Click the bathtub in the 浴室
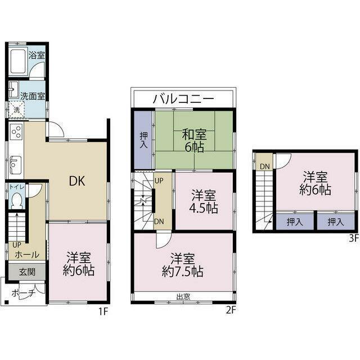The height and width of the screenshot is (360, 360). click(x=18, y=61)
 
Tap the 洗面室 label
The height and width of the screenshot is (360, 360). click(x=33, y=96)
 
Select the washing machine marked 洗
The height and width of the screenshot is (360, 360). click(x=16, y=110)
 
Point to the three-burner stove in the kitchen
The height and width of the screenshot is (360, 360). click(x=16, y=132)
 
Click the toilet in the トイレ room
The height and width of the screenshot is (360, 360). click(x=17, y=200)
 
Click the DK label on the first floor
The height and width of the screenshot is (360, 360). click(x=77, y=181)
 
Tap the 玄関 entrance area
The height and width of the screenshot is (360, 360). click(x=27, y=272)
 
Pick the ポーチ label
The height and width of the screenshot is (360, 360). click(x=24, y=293)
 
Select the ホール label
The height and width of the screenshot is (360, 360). click(x=27, y=255)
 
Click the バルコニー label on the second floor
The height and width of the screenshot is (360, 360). click(x=183, y=99)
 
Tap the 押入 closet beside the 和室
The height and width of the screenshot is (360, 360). click(x=144, y=140)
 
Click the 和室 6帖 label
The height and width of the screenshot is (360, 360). click(x=194, y=141)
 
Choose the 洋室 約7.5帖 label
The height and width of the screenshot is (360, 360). click(x=183, y=265)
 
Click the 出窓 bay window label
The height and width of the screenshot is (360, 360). click(x=183, y=296)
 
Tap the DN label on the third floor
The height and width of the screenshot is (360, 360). click(x=265, y=166)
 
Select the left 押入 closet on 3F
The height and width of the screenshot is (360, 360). click(x=295, y=222)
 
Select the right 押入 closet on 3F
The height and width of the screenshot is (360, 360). click(x=336, y=222)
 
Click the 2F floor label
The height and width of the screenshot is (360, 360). click(x=231, y=310)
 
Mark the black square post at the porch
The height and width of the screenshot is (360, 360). click(x=7, y=302)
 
